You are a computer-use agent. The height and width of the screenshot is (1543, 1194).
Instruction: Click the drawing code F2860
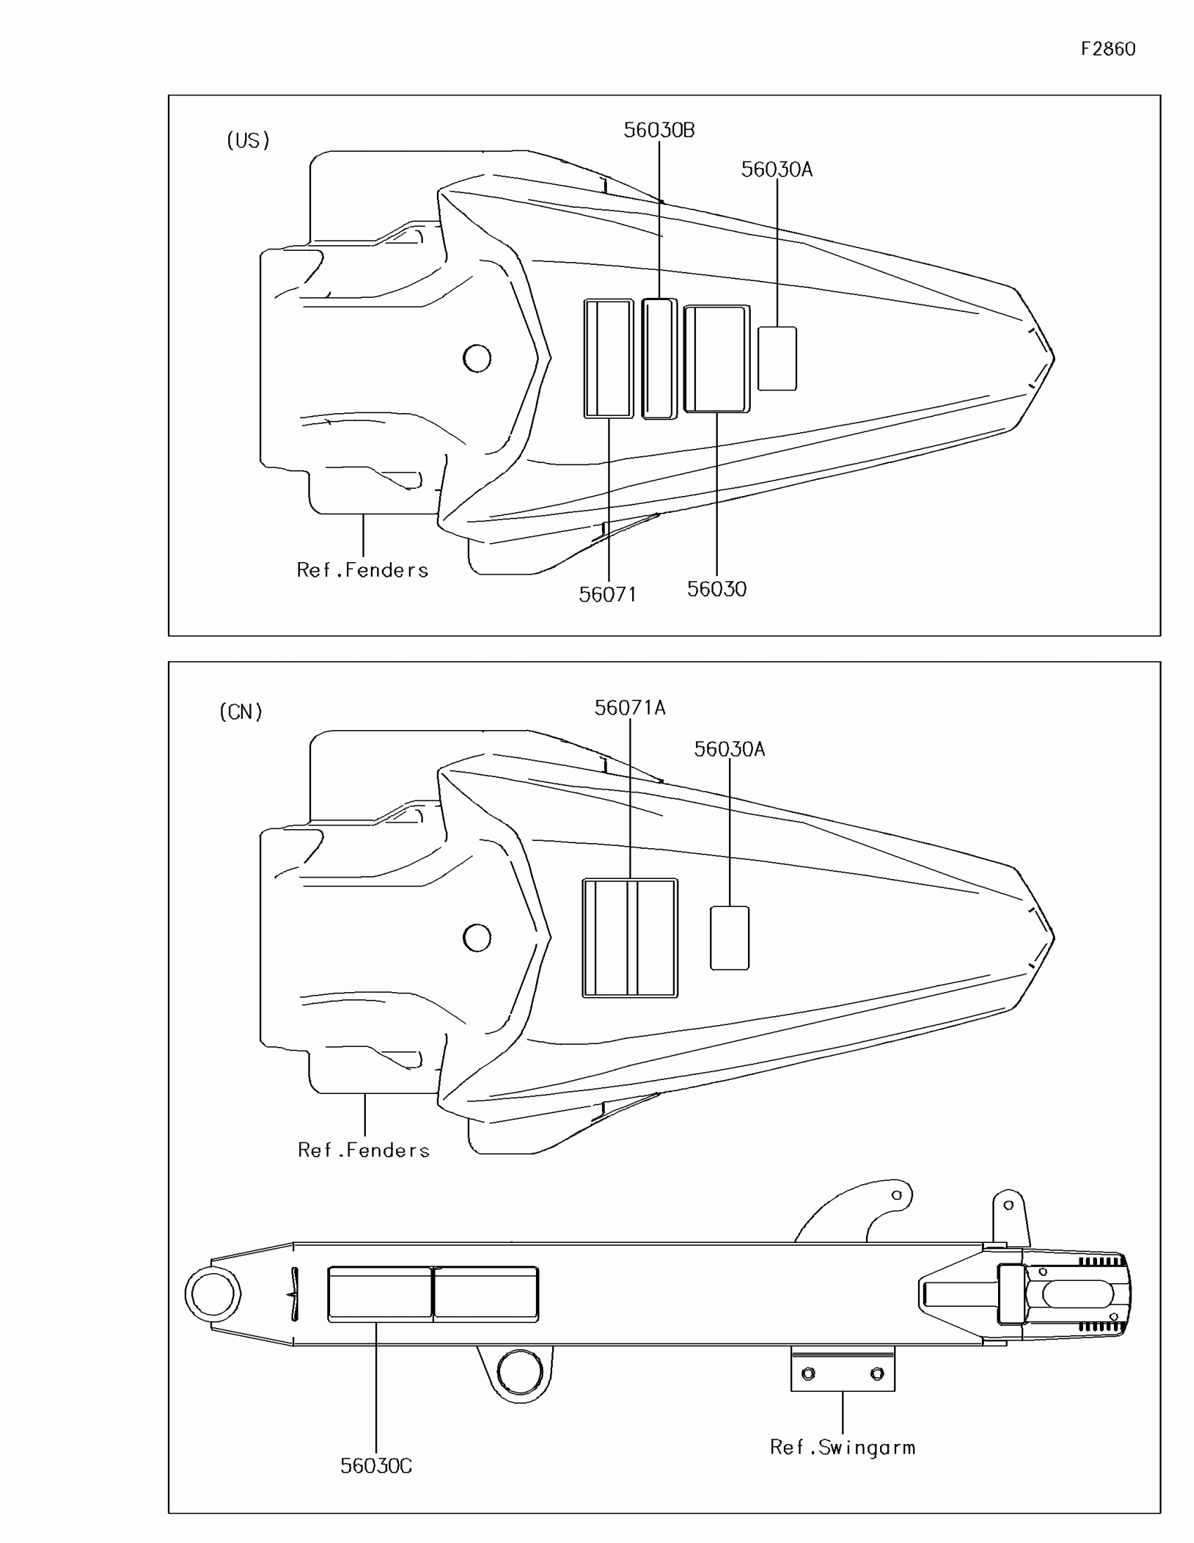pos(1107,48)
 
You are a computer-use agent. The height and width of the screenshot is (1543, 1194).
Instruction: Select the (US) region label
pos(248,141)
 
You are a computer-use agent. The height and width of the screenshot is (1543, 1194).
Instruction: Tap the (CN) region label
pos(241,712)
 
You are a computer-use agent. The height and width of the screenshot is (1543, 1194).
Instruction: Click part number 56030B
pos(659,130)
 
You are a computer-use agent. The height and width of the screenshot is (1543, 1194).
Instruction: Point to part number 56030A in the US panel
pos(776,169)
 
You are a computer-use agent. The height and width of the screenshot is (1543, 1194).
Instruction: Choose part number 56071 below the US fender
pos(608,595)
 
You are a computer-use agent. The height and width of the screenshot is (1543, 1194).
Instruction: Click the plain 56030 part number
pos(716,590)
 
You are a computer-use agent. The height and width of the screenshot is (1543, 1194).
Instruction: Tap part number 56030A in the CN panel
pos(728,749)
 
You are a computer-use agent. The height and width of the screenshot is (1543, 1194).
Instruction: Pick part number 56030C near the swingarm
pos(376,1466)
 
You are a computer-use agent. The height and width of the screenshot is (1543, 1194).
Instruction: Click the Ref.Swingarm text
pos(841,1447)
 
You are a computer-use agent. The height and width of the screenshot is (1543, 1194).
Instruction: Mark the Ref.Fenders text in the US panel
pos(362,570)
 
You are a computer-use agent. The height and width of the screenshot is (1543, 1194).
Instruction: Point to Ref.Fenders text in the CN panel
pos(364,1150)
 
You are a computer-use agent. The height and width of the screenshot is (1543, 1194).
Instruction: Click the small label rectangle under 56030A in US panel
pos(777,358)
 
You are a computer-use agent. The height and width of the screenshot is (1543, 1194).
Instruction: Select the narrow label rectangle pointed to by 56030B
pos(659,359)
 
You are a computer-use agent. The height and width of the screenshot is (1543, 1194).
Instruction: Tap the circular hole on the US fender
pos(477,358)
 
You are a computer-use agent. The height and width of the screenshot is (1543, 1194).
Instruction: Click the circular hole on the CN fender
pos(477,938)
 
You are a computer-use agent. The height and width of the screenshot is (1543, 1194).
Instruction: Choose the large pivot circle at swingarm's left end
pos(213,1294)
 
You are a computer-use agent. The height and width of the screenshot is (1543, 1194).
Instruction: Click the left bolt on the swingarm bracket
pos(808,1374)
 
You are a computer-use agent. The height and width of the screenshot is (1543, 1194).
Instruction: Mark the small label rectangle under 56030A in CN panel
pos(728,938)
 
